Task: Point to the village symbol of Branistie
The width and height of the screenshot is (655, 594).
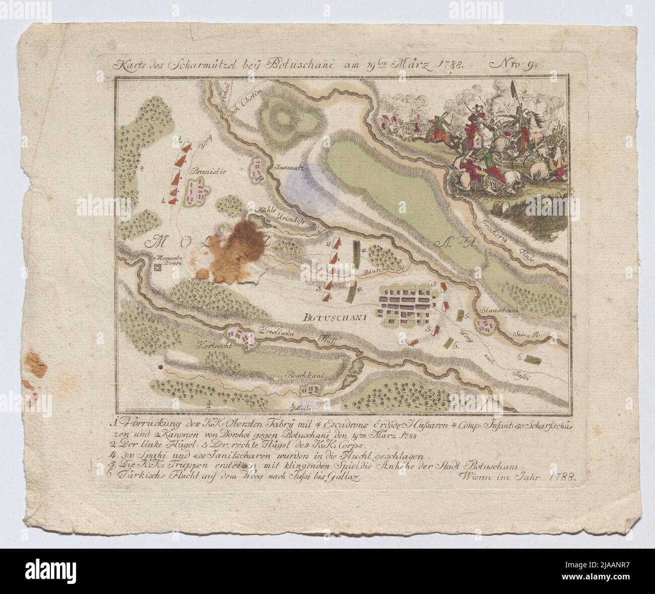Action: click(198, 192)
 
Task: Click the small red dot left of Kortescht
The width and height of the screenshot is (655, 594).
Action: click(160, 366)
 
